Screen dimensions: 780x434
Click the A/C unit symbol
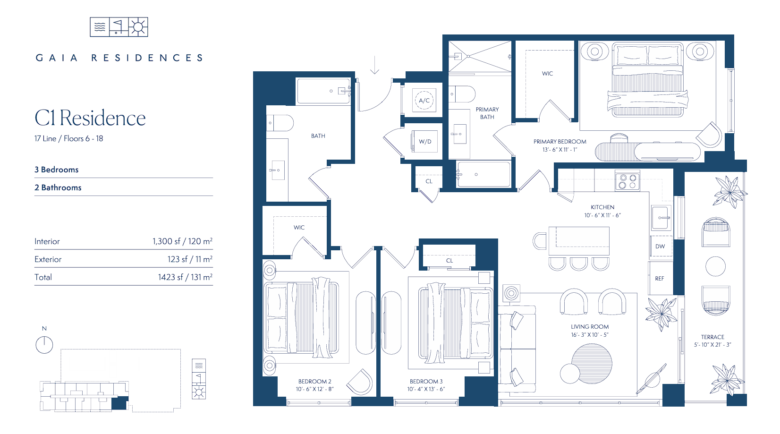click(424, 100)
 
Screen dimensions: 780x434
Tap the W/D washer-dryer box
click(424, 141)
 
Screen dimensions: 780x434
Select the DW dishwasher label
click(660, 246)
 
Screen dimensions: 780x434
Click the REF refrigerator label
click(659, 278)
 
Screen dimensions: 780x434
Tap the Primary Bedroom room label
click(560, 141)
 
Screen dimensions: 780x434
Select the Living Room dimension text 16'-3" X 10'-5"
click(590, 335)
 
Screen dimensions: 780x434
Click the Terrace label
click(712, 337)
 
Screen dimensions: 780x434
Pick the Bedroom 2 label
click(314, 382)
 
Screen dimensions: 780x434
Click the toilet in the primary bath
click(462, 94)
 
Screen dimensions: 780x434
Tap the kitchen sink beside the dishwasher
click(661, 217)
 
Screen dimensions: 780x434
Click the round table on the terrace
click(715, 266)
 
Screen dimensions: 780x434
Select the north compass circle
click(44, 345)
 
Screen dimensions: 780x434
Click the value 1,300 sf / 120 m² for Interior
click(182, 241)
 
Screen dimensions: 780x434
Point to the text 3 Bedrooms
click(56, 170)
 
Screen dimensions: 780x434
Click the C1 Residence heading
click(90, 118)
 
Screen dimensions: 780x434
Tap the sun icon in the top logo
click(138, 27)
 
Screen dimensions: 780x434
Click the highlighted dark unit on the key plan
click(119, 403)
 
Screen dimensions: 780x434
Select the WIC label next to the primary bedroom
click(547, 74)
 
